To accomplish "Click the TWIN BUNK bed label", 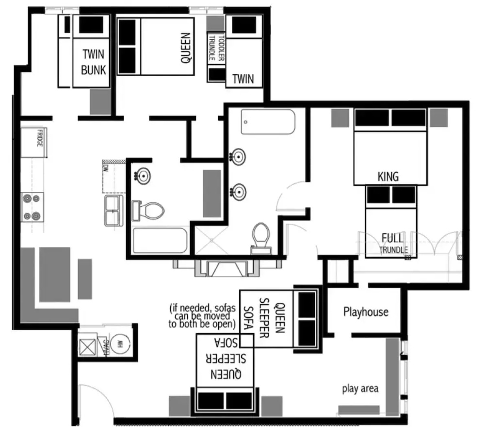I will pyautogui.click(x=93, y=62).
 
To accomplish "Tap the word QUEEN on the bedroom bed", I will pyautogui.click(x=185, y=48).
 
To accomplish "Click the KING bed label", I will pyautogui.click(x=388, y=177).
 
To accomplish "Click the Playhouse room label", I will pyautogui.click(x=366, y=312).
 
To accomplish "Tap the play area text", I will pyautogui.click(x=360, y=388).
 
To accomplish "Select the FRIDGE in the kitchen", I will pyautogui.click(x=35, y=142).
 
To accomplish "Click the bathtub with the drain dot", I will pyautogui.click(x=268, y=121).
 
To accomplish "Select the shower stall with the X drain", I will pyautogui.click(x=212, y=241).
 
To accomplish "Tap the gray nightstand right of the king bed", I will pyautogui.click(x=439, y=118).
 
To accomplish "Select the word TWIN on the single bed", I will pyautogui.click(x=243, y=78).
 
